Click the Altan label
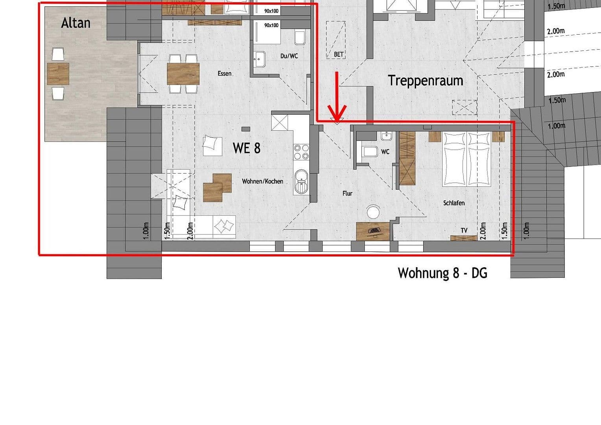pos(76,23)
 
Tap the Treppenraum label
pos(425,80)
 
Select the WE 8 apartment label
pos(247,148)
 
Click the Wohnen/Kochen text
pos(262,181)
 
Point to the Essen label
pos(225,74)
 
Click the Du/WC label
pos(289,56)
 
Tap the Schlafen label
pos(454,203)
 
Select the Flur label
pos(347,194)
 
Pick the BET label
pos(339,55)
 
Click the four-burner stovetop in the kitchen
pos(301,152)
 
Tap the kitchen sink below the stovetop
pos(301,182)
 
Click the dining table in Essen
pos(183,74)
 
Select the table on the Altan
pos(58,74)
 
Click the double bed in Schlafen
pos(466,159)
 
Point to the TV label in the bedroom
pos(464,230)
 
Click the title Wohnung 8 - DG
pos(442,273)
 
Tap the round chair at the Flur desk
pos(373,212)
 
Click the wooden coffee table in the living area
pos(217,187)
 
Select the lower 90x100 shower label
pos(271,25)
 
